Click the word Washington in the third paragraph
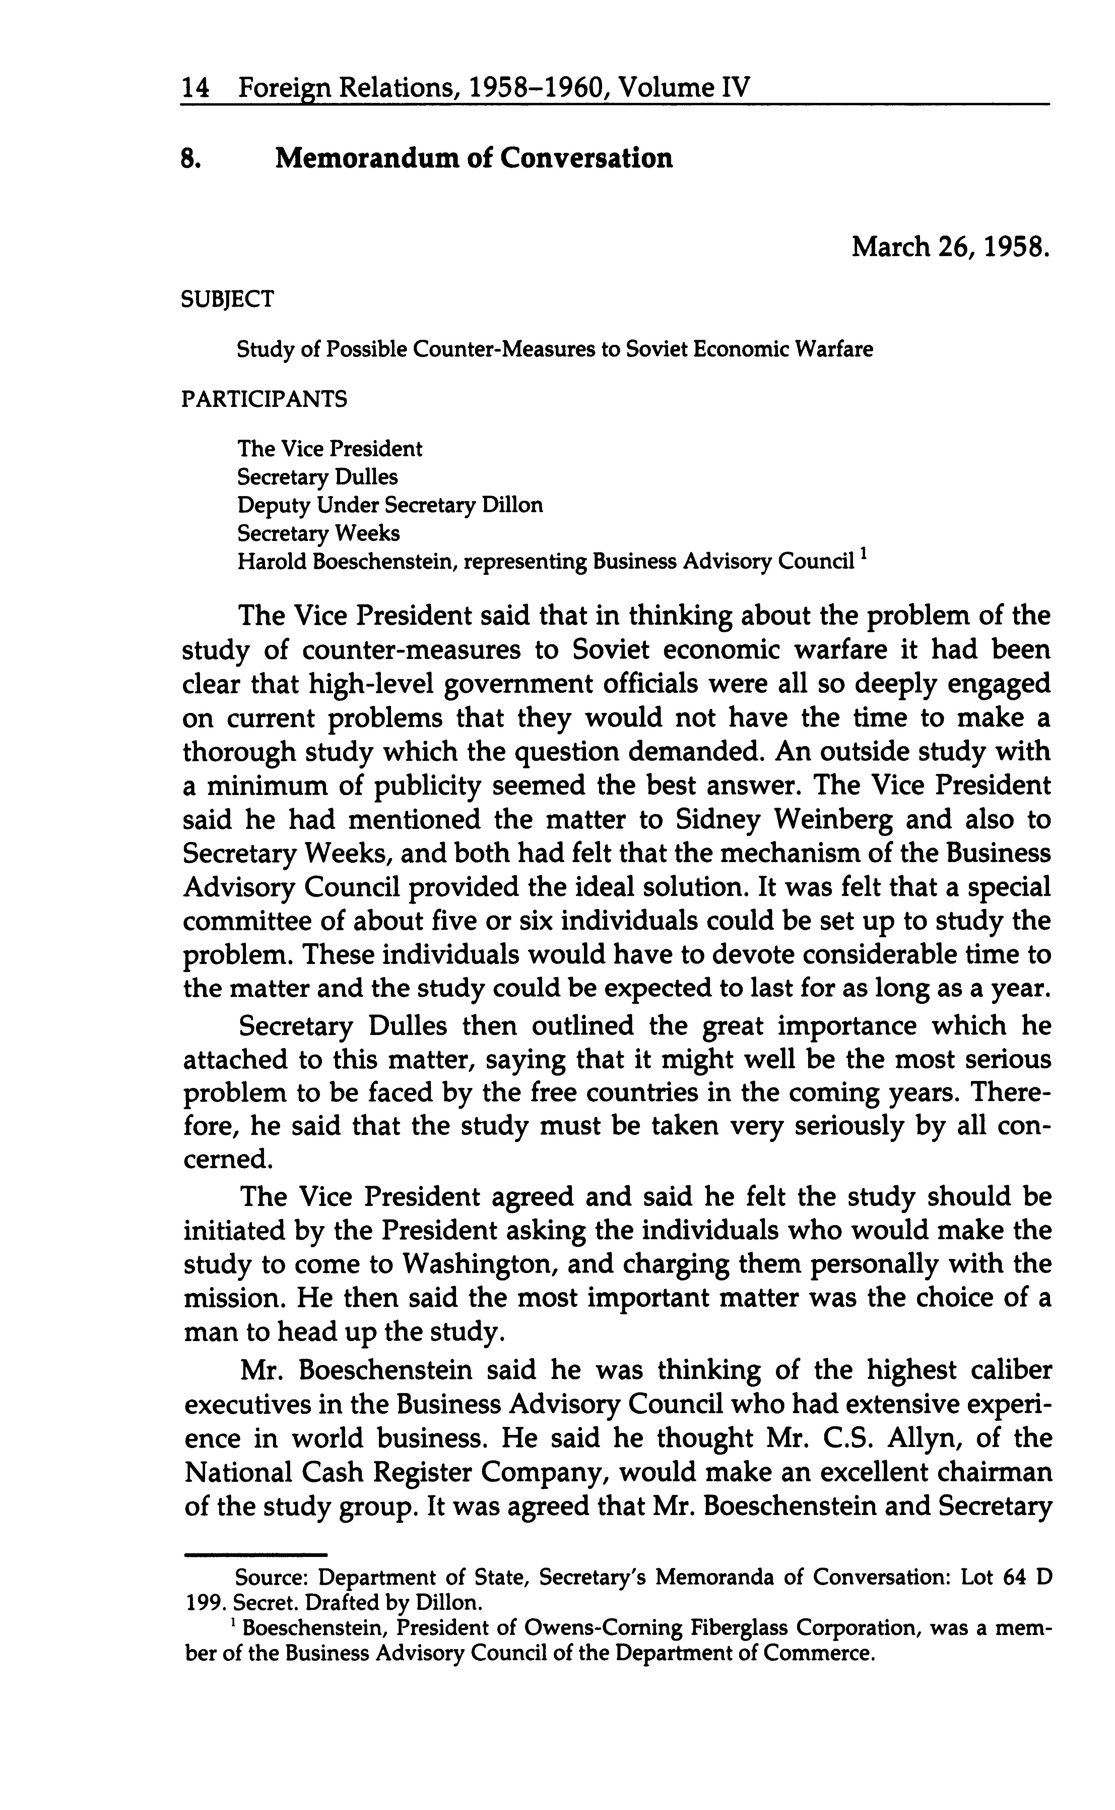pyautogui.click(x=484, y=1264)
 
